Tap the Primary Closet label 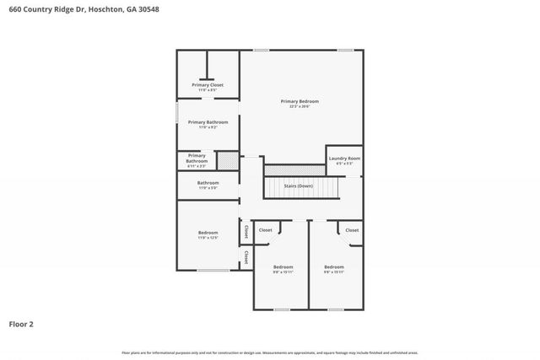pos(208,85)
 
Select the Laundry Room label pos(344,159)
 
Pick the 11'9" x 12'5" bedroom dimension pos(208,239)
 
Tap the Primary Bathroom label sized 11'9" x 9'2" pos(208,122)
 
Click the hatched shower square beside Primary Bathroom pos(227,160)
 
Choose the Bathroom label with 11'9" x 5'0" pos(208,183)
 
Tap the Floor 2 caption pos(21,323)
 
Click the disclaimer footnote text pos(269,352)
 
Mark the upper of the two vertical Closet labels pos(246,231)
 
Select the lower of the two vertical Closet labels pos(246,256)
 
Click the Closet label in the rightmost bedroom pos(352,229)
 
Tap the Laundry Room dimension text pos(344,164)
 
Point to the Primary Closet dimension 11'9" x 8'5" pos(208,90)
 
